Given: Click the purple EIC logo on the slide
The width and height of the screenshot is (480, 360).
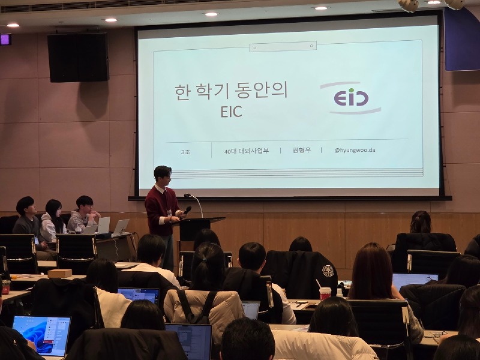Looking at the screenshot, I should tap(350, 97).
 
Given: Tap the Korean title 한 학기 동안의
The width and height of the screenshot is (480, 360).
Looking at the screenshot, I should tap(231, 91).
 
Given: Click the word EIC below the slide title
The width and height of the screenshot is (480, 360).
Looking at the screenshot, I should tap(231, 112).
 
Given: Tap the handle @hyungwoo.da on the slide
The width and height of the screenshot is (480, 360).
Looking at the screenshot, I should tap(355, 151).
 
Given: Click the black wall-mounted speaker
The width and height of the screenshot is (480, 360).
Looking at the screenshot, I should tap(78, 57).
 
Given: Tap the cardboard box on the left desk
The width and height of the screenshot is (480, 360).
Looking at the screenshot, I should tap(60, 273).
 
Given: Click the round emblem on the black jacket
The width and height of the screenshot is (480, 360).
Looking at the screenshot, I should tap(328, 271).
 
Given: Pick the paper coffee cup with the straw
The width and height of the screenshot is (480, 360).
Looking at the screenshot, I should tap(325, 293).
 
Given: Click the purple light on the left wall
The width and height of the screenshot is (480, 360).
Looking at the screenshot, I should tap(5, 40).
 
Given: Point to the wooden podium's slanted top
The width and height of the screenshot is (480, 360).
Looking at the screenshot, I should tap(202, 221).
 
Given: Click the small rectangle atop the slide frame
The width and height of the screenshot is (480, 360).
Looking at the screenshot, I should tap(283, 46).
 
